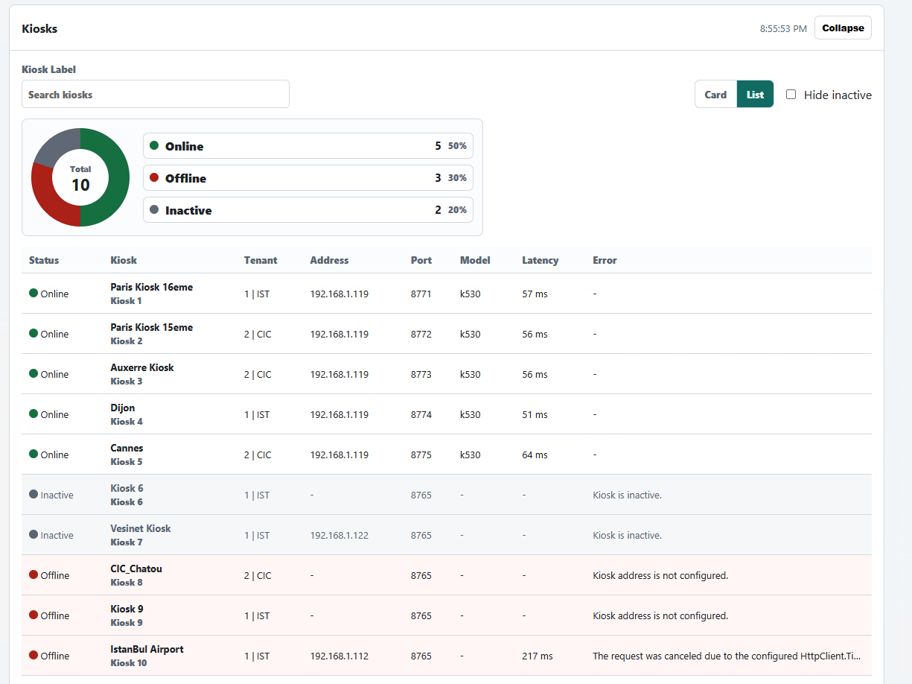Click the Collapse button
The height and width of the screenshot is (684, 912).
pos(843,28)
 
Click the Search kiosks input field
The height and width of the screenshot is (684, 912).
pos(156,95)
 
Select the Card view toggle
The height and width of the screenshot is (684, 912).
pos(715,95)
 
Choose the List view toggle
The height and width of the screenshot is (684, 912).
pos(755,95)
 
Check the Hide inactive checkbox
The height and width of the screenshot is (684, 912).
pos(791,95)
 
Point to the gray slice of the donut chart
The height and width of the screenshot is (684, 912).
pos(55,144)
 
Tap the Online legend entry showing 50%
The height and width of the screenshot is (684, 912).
pos(308,146)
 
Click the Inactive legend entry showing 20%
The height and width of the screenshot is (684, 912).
pos(308,210)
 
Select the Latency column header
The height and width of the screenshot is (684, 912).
pos(540,260)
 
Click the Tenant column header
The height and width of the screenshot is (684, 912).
pos(261,260)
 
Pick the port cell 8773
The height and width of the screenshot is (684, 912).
pos(421,374)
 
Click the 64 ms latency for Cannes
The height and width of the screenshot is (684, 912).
pos(535,455)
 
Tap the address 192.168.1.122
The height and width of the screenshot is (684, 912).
pos(339,535)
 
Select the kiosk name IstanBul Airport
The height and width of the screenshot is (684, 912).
pos(147,649)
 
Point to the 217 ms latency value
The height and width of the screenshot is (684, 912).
pos(538,656)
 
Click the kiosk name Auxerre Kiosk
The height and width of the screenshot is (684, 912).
pos(141,367)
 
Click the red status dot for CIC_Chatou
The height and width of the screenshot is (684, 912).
pos(34,574)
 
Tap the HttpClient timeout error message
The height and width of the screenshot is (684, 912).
pos(727,656)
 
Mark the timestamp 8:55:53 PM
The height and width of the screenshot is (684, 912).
pos(783,29)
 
